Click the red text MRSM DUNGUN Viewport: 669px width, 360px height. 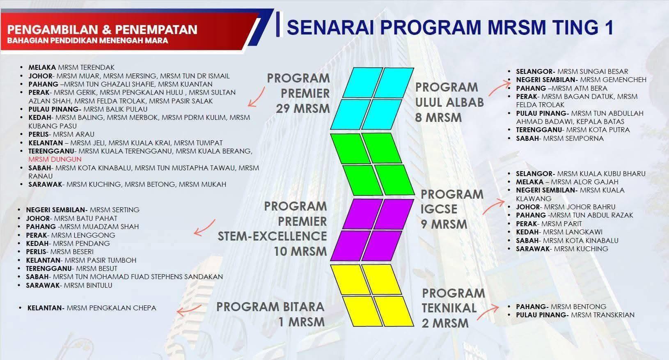(x=55, y=159)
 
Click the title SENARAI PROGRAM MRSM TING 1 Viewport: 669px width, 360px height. (x=450, y=27)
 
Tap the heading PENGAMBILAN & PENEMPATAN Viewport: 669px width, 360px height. (x=102, y=30)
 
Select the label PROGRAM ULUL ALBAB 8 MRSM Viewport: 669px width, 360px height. (x=449, y=102)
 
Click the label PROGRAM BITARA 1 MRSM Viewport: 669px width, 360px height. (x=270, y=314)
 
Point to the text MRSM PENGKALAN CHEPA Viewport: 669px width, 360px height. (x=111, y=308)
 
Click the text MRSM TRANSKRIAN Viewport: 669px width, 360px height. (x=603, y=315)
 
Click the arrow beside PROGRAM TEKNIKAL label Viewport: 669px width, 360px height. (x=488, y=312)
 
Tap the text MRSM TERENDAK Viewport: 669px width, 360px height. (x=86, y=67)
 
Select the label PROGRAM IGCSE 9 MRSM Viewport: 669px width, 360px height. (x=451, y=209)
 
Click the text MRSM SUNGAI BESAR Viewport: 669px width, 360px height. (x=593, y=71)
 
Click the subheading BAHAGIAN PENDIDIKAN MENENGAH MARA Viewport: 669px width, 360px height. (x=87, y=41)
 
